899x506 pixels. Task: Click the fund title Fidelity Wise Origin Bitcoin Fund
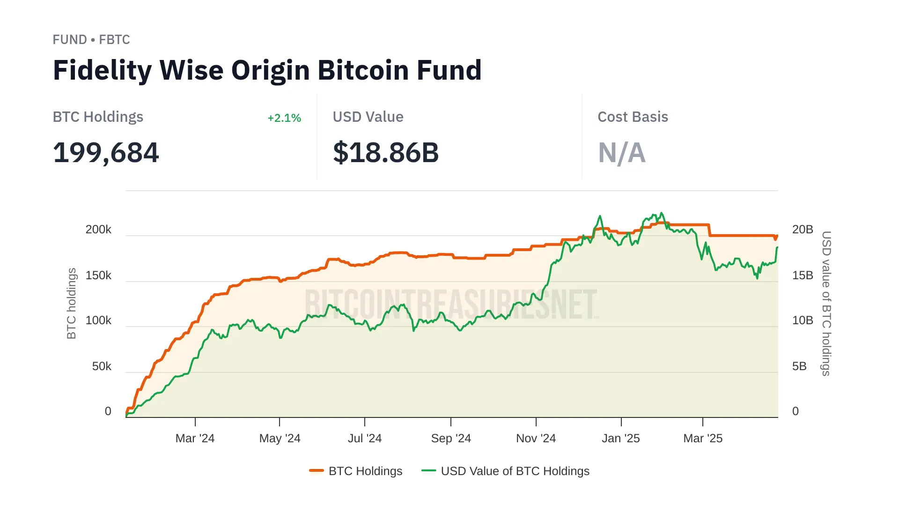pyautogui.click(x=267, y=70)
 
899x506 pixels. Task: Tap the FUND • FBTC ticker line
pyautogui.click(x=91, y=40)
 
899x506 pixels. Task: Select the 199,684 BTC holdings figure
pyautogui.click(x=106, y=153)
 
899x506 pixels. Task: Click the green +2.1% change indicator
pyautogui.click(x=284, y=118)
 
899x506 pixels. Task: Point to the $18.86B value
pyautogui.click(x=386, y=153)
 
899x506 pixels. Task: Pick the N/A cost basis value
pyautogui.click(x=622, y=153)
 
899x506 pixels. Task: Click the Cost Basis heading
pyautogui.click(x=633, y=117)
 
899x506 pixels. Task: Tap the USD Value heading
pyautogui.click(x=368, y=117)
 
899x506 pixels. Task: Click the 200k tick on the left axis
pyautogui.click(x=98, y=230)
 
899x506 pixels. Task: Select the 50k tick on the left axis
pyautogui.click(x=102, y=366)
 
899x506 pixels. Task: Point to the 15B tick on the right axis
pyautogui.click(x=803, y=275)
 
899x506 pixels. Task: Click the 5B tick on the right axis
pyautogui.click(x=799, y=366)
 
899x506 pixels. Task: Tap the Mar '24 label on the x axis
pyautogui.click(x=195, y=439)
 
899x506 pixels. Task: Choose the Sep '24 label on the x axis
pyautogui.click(x=451, y=439)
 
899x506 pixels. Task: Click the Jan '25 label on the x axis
pyautogui.click(x=621, y=439)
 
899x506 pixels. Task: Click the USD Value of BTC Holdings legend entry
pyautogui.click(x=506, y=471)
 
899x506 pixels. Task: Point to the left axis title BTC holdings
pyautogui.click(x=71, y=304)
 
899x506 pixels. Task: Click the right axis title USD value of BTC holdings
pyautogui.click(x=826, y=304)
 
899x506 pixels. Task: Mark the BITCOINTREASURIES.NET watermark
pyautogui.click(x=451, y=305)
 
